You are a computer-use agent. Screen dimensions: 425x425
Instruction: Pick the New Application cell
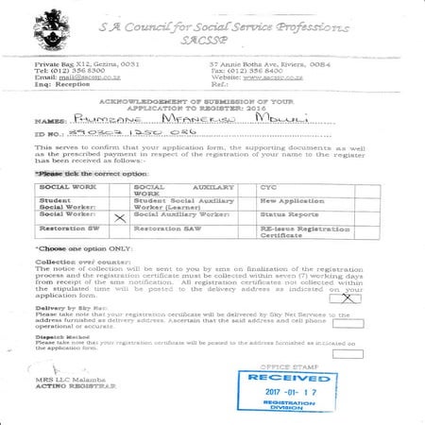(294, 201)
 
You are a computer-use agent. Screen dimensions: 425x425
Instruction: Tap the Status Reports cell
(289, 215)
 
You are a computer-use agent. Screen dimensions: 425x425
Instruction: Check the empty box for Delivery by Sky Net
(355, 322)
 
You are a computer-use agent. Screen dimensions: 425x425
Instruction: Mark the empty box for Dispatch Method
(355, 346)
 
